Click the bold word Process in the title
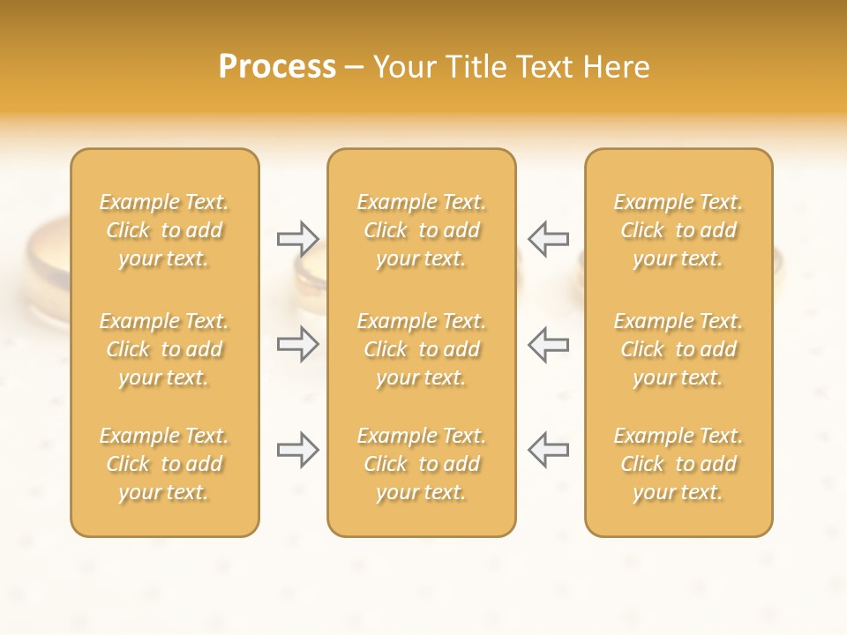[x=277, y=67]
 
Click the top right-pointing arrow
[x=297, y=238]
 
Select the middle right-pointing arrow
[x=297, y=344]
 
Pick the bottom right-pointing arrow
[x=297, y=450]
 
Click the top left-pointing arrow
[x=548, y=238]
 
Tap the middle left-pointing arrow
[x=548, y=344]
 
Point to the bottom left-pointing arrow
[x=548, y=450]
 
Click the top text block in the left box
[x=164, y=230]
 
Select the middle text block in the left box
[x=164, y=349]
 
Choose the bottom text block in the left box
[x=164, y=464]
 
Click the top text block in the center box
[x=422, y=230]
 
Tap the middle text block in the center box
[x=422, y=349]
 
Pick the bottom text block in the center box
[x=422, y=464]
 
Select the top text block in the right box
[x=678, y=230]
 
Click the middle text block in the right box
[x=678, y=349]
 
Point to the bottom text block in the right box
[x=678, y=464]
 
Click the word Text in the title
[x=541, y=67]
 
